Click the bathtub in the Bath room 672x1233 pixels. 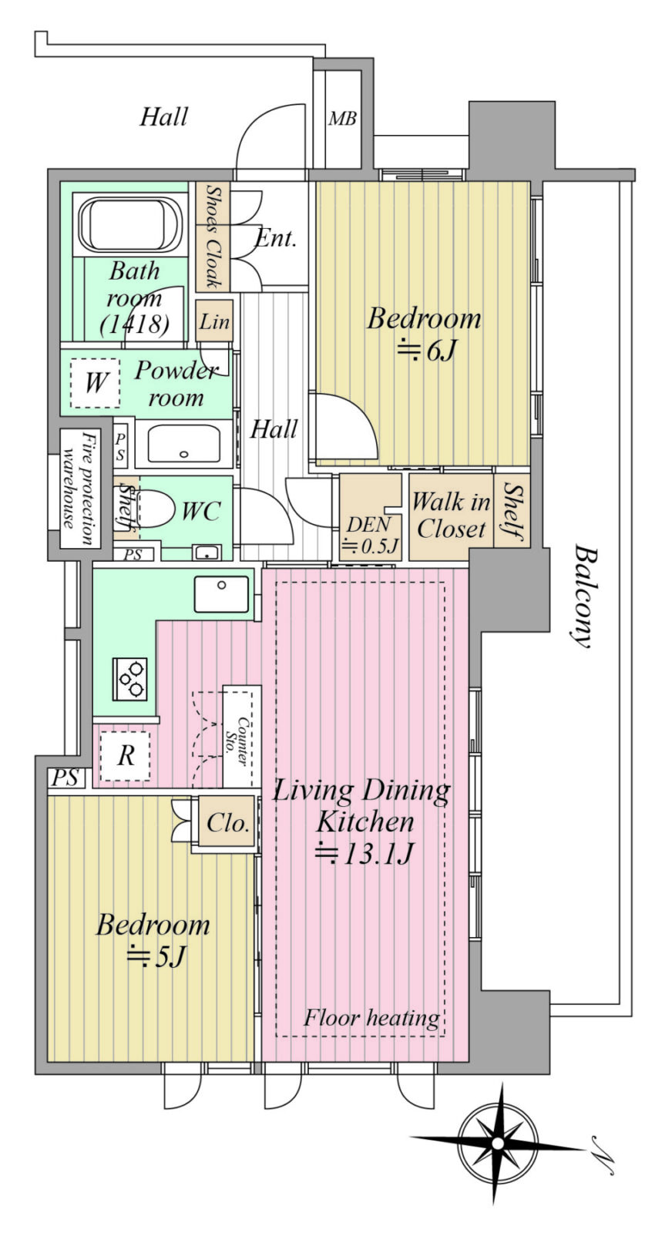pos(130,224)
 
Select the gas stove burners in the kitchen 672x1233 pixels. pos(130,679)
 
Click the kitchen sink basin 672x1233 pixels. pos(221,594)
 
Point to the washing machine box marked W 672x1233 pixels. pos(96,383)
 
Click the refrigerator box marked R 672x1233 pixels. pos(125,755)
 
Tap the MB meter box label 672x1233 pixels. pos(342,119)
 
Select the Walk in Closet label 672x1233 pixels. pos(451,516)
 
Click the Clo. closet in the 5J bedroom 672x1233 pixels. pos(227,823)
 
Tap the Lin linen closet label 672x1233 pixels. pos(213,321)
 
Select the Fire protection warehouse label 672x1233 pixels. pos(80,489)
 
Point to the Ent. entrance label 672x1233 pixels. pos(276,238)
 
